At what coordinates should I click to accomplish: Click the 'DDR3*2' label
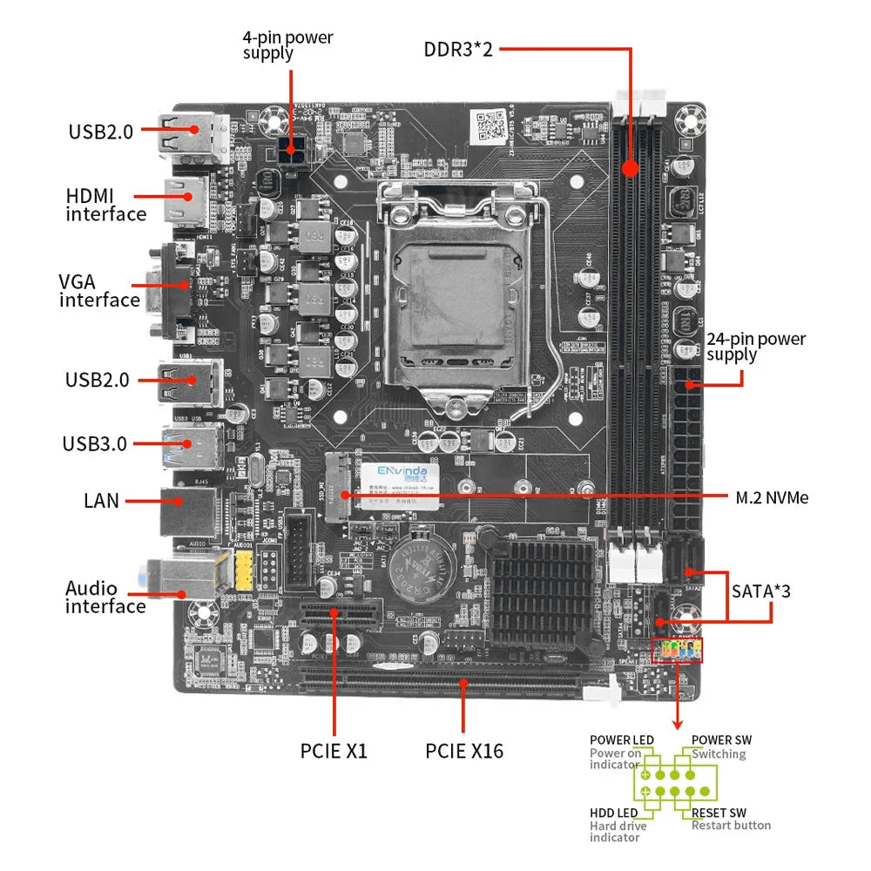point(458,49)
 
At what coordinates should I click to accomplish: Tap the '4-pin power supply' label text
point(287,45)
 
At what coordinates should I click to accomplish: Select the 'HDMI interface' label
point(105,205)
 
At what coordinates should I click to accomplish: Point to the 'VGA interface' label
point(99,291)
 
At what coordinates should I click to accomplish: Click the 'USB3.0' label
point(94,443)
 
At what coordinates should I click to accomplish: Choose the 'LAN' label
point(101,501)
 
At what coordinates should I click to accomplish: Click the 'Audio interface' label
point(105,598)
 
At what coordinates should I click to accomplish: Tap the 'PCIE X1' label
point(334,750)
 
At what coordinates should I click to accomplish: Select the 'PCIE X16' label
point(464,750)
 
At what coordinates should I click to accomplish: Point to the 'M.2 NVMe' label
point(772,497)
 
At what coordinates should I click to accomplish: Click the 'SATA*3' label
point(761,591)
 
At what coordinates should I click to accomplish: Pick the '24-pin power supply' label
point(756,347)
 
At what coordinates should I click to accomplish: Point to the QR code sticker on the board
point(494,125)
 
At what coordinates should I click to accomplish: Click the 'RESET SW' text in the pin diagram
point(719,813)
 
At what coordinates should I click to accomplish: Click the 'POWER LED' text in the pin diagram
point(621,740)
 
